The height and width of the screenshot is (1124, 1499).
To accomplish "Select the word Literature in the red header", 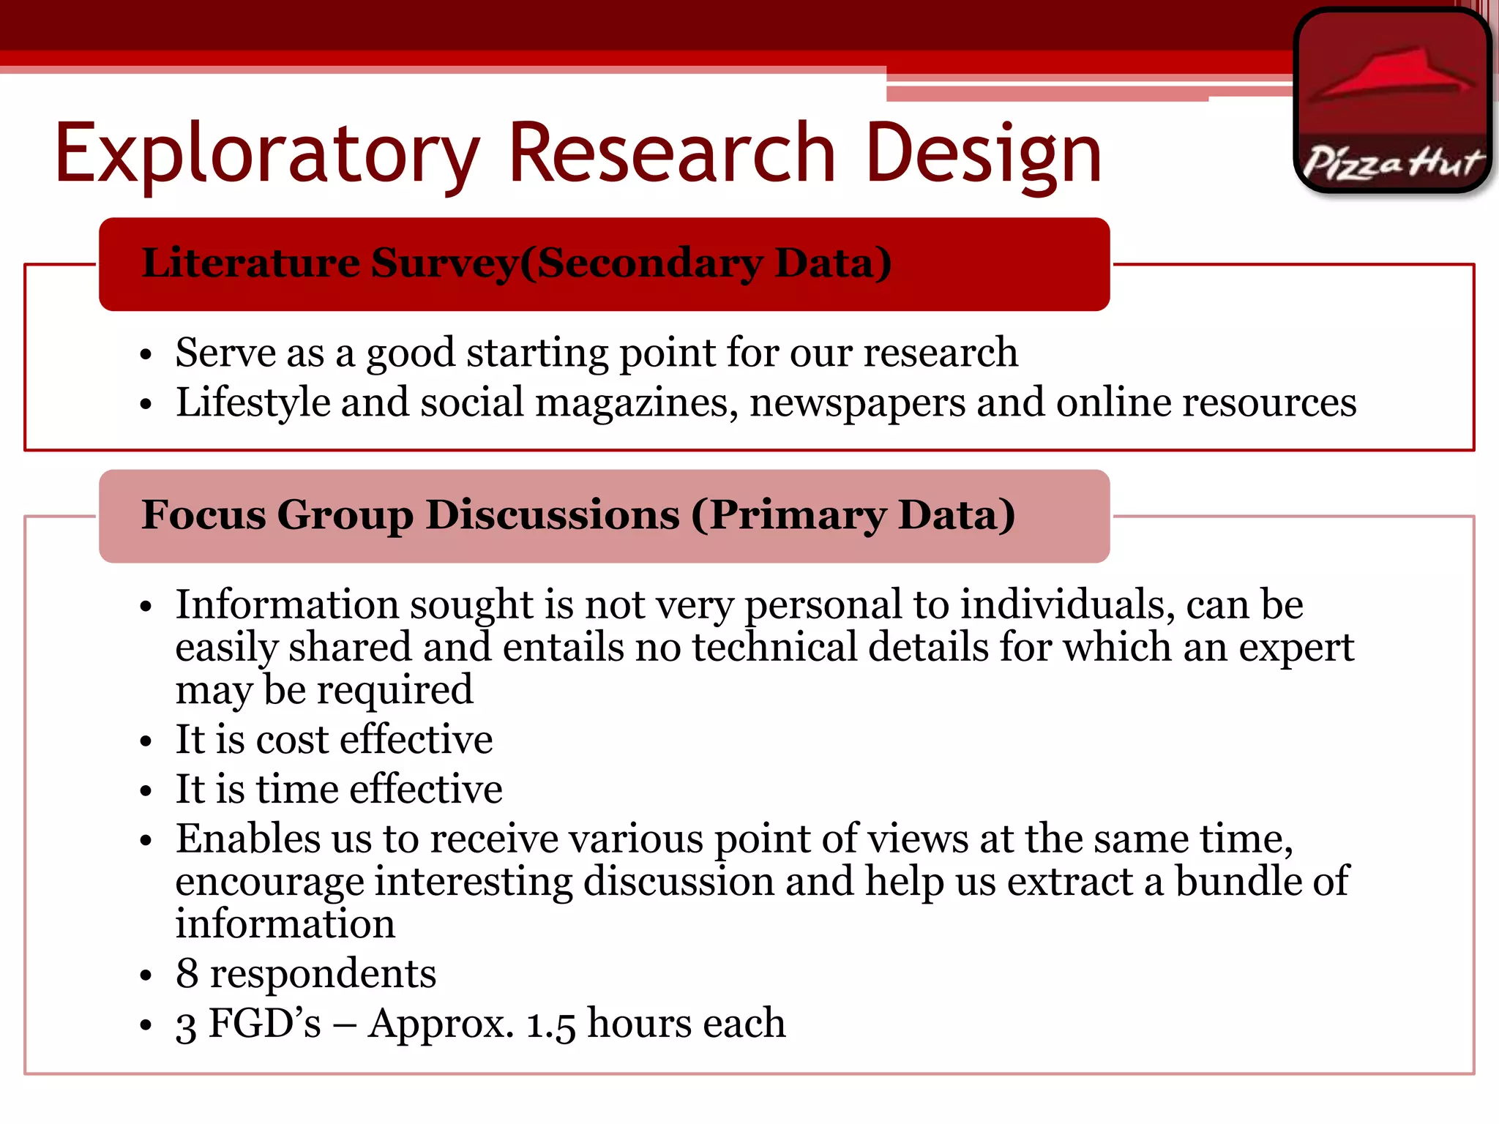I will (x=250, y=263).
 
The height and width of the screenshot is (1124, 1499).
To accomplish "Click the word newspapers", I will (x=857, y=403).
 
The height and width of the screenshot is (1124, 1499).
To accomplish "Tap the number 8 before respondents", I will (x=187, y=974).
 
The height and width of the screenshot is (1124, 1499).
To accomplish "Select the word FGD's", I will (x=264, y=1023).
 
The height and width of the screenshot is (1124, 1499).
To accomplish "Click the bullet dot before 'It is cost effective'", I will (x=146, y=741).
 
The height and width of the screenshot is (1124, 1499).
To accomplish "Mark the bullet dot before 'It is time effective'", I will (x=146, y=791).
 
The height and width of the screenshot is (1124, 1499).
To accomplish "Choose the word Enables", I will (x=247, y=839).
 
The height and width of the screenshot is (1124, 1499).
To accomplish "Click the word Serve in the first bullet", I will (x=225, y=353).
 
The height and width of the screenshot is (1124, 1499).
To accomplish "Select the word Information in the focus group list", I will (x=287, y=605).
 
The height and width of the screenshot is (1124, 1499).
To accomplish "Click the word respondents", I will (x=323, y=974).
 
